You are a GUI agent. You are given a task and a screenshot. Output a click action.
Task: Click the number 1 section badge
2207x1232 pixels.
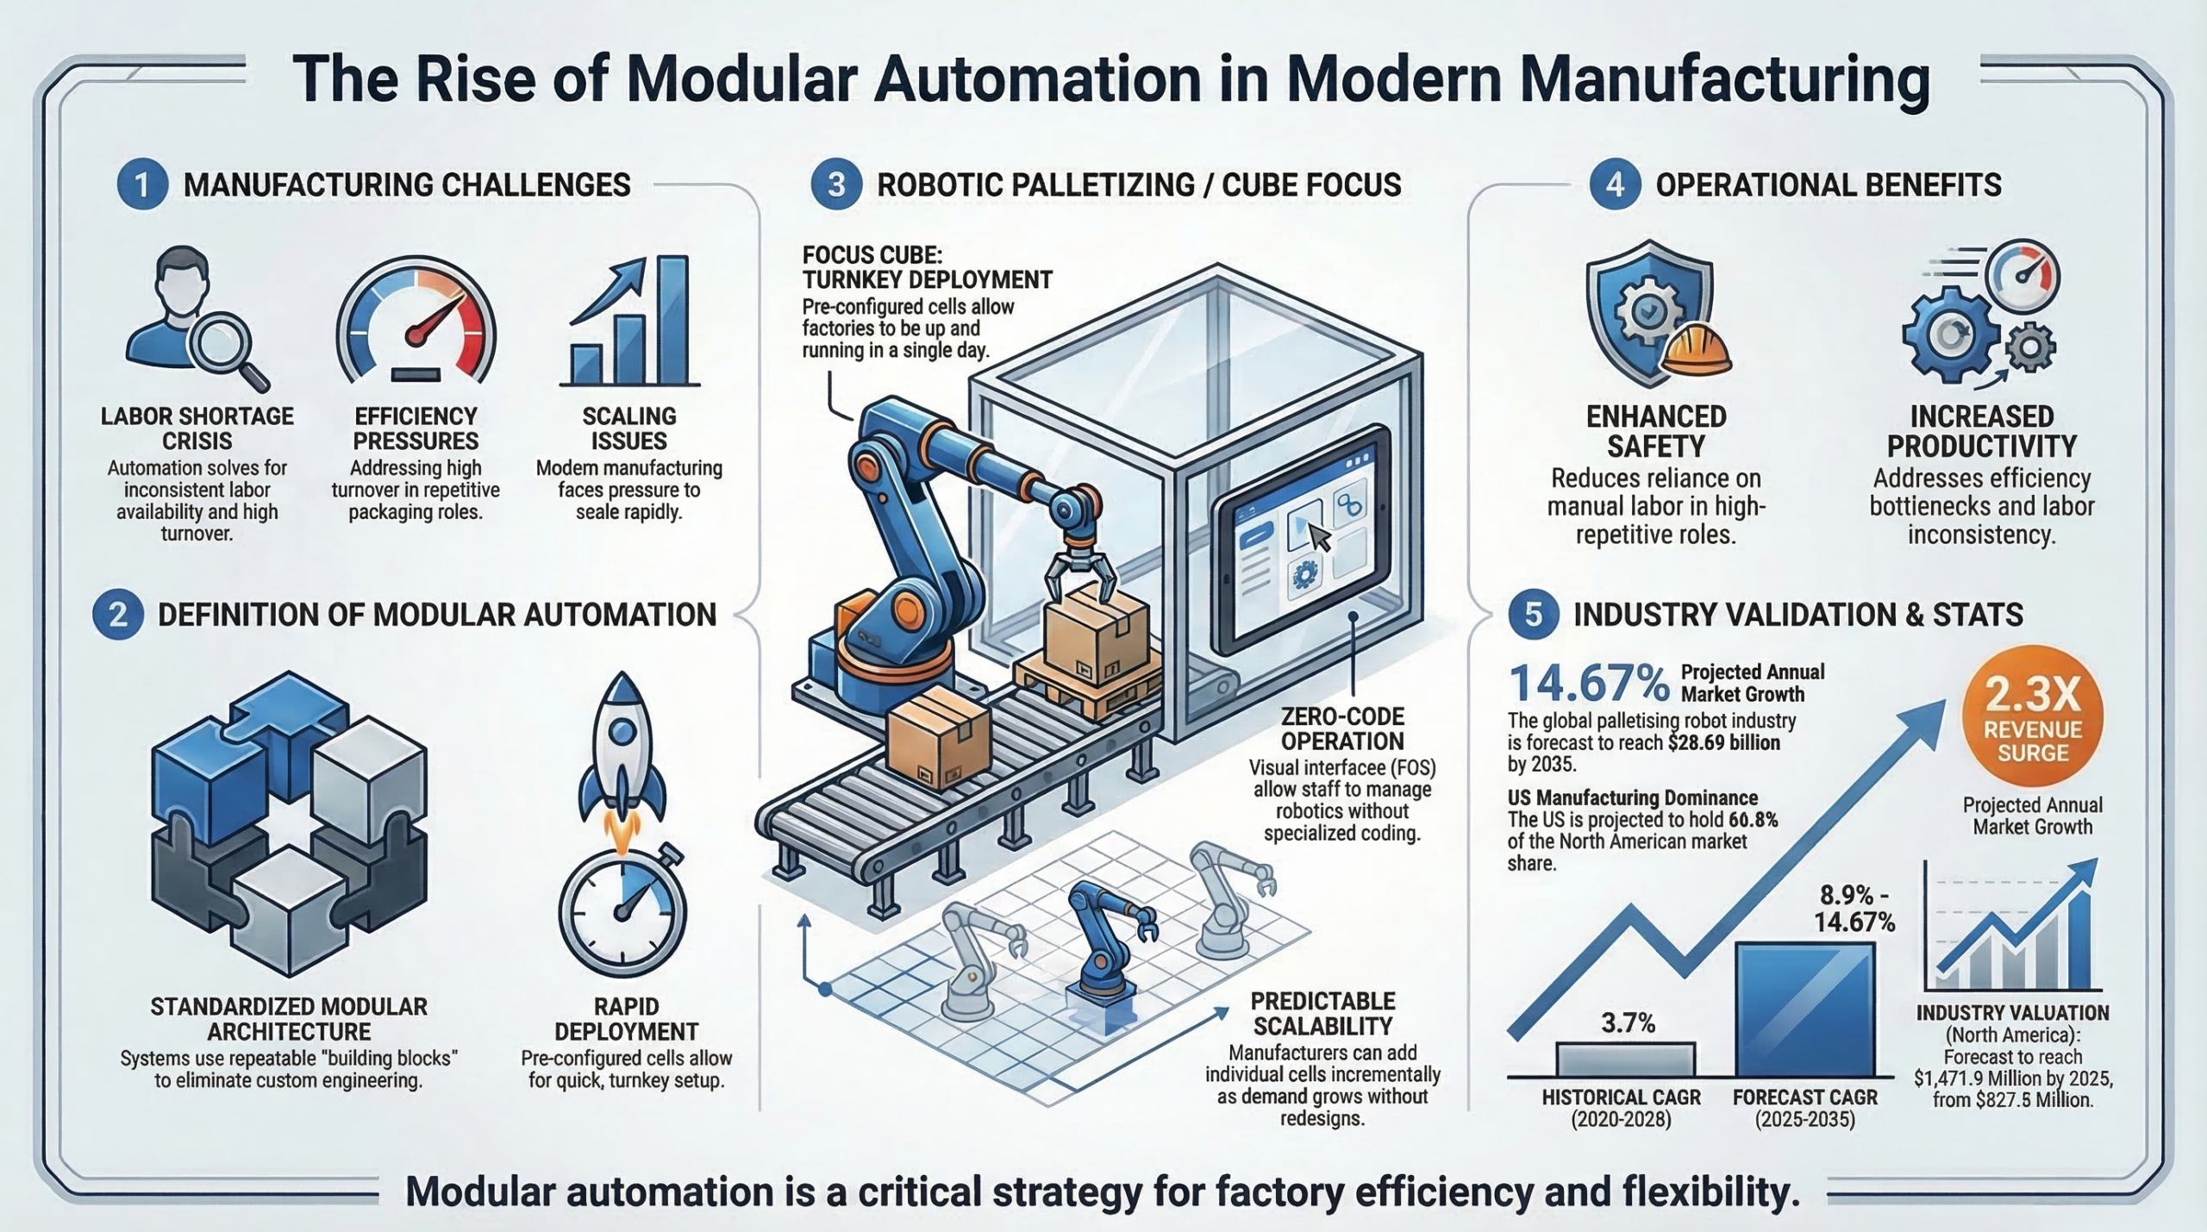[x=142, y=185]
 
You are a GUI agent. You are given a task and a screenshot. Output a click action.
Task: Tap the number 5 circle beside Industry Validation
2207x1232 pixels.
[x=1534, y=615]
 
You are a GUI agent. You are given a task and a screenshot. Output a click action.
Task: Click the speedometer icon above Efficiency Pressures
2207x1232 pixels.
[x=416, y=324]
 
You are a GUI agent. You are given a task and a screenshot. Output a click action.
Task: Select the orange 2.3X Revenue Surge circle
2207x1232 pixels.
[x=2032, y=716]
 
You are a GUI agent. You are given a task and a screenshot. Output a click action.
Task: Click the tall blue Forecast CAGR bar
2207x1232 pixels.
[x=1804, y=1009]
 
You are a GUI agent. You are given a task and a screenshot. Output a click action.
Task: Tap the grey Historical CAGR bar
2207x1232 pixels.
[x=1625, y=1060]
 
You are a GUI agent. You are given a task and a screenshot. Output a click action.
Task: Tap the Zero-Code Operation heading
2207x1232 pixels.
[x=1342, y=729]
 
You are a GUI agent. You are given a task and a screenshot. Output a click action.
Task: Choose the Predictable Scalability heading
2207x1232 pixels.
[x=1322, y=1014]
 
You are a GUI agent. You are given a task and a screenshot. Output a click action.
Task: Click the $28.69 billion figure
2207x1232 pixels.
[x=1723, y=743]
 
